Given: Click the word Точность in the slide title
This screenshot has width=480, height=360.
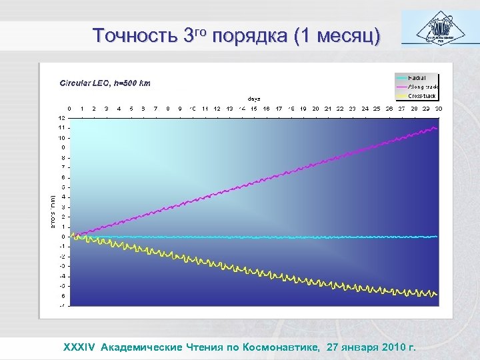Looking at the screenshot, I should point(135,35).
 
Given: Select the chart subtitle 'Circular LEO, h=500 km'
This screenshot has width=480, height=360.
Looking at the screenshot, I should point(105,83).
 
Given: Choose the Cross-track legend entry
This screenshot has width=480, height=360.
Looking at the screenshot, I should point(421,96).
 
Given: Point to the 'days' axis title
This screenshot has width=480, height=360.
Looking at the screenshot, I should point(255,99).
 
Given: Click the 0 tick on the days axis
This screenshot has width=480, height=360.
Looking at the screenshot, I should point(70,108).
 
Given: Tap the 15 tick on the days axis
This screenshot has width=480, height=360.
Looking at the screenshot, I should point(254,108).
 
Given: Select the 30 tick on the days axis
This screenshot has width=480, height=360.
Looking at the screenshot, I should point(438,108).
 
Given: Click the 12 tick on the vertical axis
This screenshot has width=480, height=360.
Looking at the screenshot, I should point(61,118).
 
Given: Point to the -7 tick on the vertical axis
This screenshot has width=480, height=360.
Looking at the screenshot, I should point(61,306).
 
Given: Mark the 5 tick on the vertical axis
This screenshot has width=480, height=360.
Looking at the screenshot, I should point(63,187).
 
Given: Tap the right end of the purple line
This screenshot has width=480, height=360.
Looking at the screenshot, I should point(437,127).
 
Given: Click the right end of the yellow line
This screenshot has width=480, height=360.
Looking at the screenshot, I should point(437,294).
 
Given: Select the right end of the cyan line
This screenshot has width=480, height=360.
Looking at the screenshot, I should point(437,237).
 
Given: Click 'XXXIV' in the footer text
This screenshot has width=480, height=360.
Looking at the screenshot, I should point(79,347).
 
